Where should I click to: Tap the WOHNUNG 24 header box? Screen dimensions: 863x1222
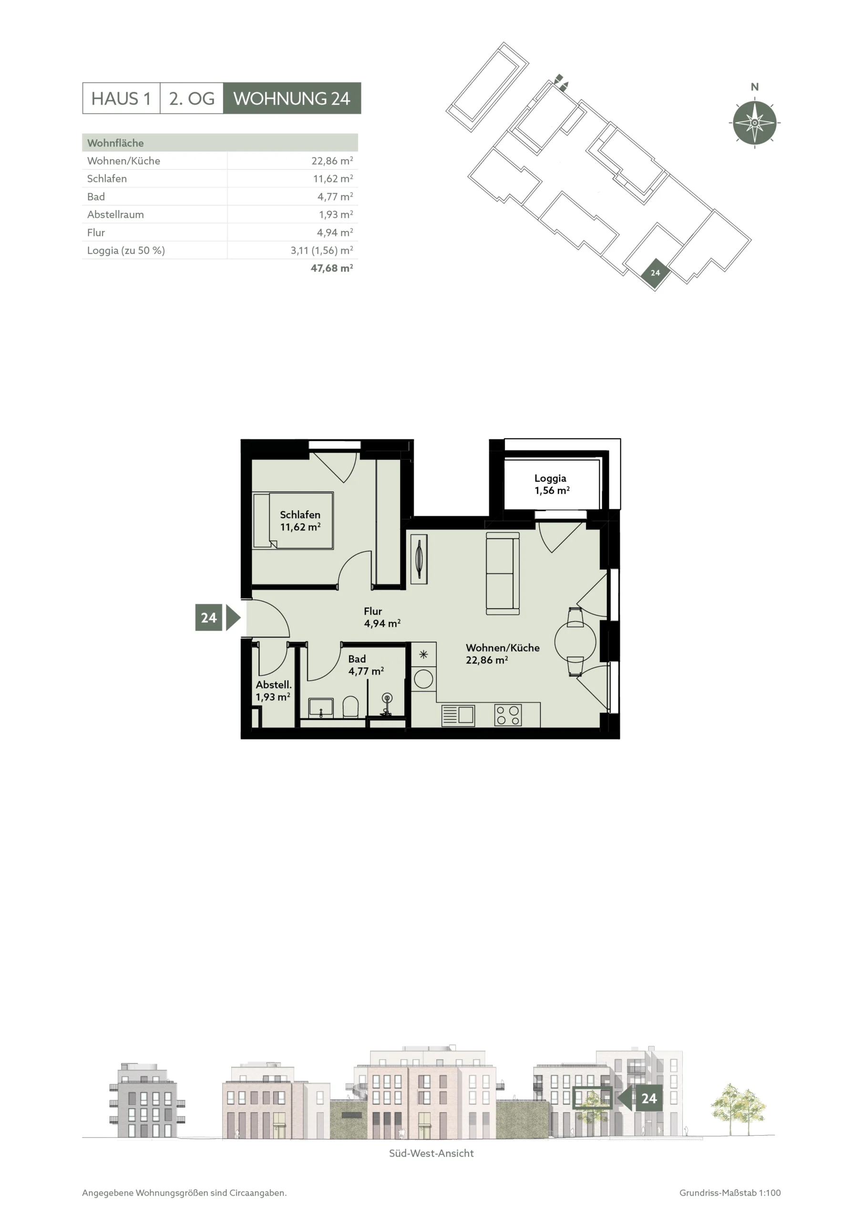(292, 98)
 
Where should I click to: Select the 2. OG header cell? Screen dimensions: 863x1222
(191, 98)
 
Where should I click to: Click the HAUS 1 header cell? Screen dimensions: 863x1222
(121, 98)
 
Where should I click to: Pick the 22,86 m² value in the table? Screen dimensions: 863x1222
(332, 161)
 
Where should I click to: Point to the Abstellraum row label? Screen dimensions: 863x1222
(115, 214)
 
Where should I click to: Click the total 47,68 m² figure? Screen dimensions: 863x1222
(332, 268)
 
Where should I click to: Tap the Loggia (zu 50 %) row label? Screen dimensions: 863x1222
(126, 250)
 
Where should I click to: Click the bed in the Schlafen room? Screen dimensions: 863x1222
(293, 520)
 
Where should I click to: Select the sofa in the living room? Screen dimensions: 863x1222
(503, 574)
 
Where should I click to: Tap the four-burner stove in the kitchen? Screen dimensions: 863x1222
(508, 715)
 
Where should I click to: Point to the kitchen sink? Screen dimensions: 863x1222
(458, 715)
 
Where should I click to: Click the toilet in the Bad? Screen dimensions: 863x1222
(351, 707)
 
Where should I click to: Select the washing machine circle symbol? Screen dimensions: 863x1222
(423, 679)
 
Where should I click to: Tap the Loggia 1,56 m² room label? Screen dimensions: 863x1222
(551, 485)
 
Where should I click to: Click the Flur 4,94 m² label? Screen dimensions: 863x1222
(382, 617)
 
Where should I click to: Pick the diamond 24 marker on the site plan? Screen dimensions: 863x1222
(655, 273)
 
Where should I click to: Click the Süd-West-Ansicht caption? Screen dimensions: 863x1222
(431, 1153)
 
